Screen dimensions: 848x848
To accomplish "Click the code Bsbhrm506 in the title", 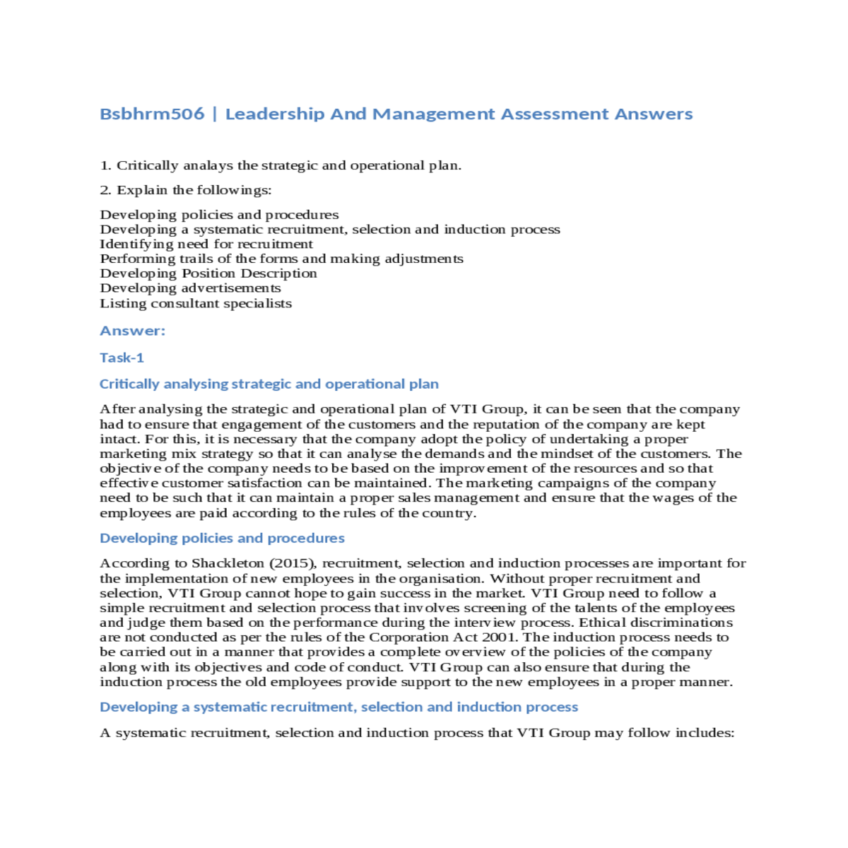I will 152,114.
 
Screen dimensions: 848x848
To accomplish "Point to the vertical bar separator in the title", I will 215,114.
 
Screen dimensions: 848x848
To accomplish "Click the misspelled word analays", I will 208,165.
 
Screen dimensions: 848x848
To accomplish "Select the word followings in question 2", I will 234,190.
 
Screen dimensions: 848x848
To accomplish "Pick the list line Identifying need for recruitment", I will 206,244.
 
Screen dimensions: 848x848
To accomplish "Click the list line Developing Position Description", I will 208,273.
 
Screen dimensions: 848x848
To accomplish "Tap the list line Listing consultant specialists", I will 196,303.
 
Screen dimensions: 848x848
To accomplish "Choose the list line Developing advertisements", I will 190,288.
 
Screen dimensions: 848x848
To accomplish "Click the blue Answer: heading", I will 132,331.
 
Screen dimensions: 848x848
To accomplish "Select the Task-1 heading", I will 122,358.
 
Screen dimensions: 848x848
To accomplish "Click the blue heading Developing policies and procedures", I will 222,538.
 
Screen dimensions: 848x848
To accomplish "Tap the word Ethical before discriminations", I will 602,623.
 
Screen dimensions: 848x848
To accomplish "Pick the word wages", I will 670,498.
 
